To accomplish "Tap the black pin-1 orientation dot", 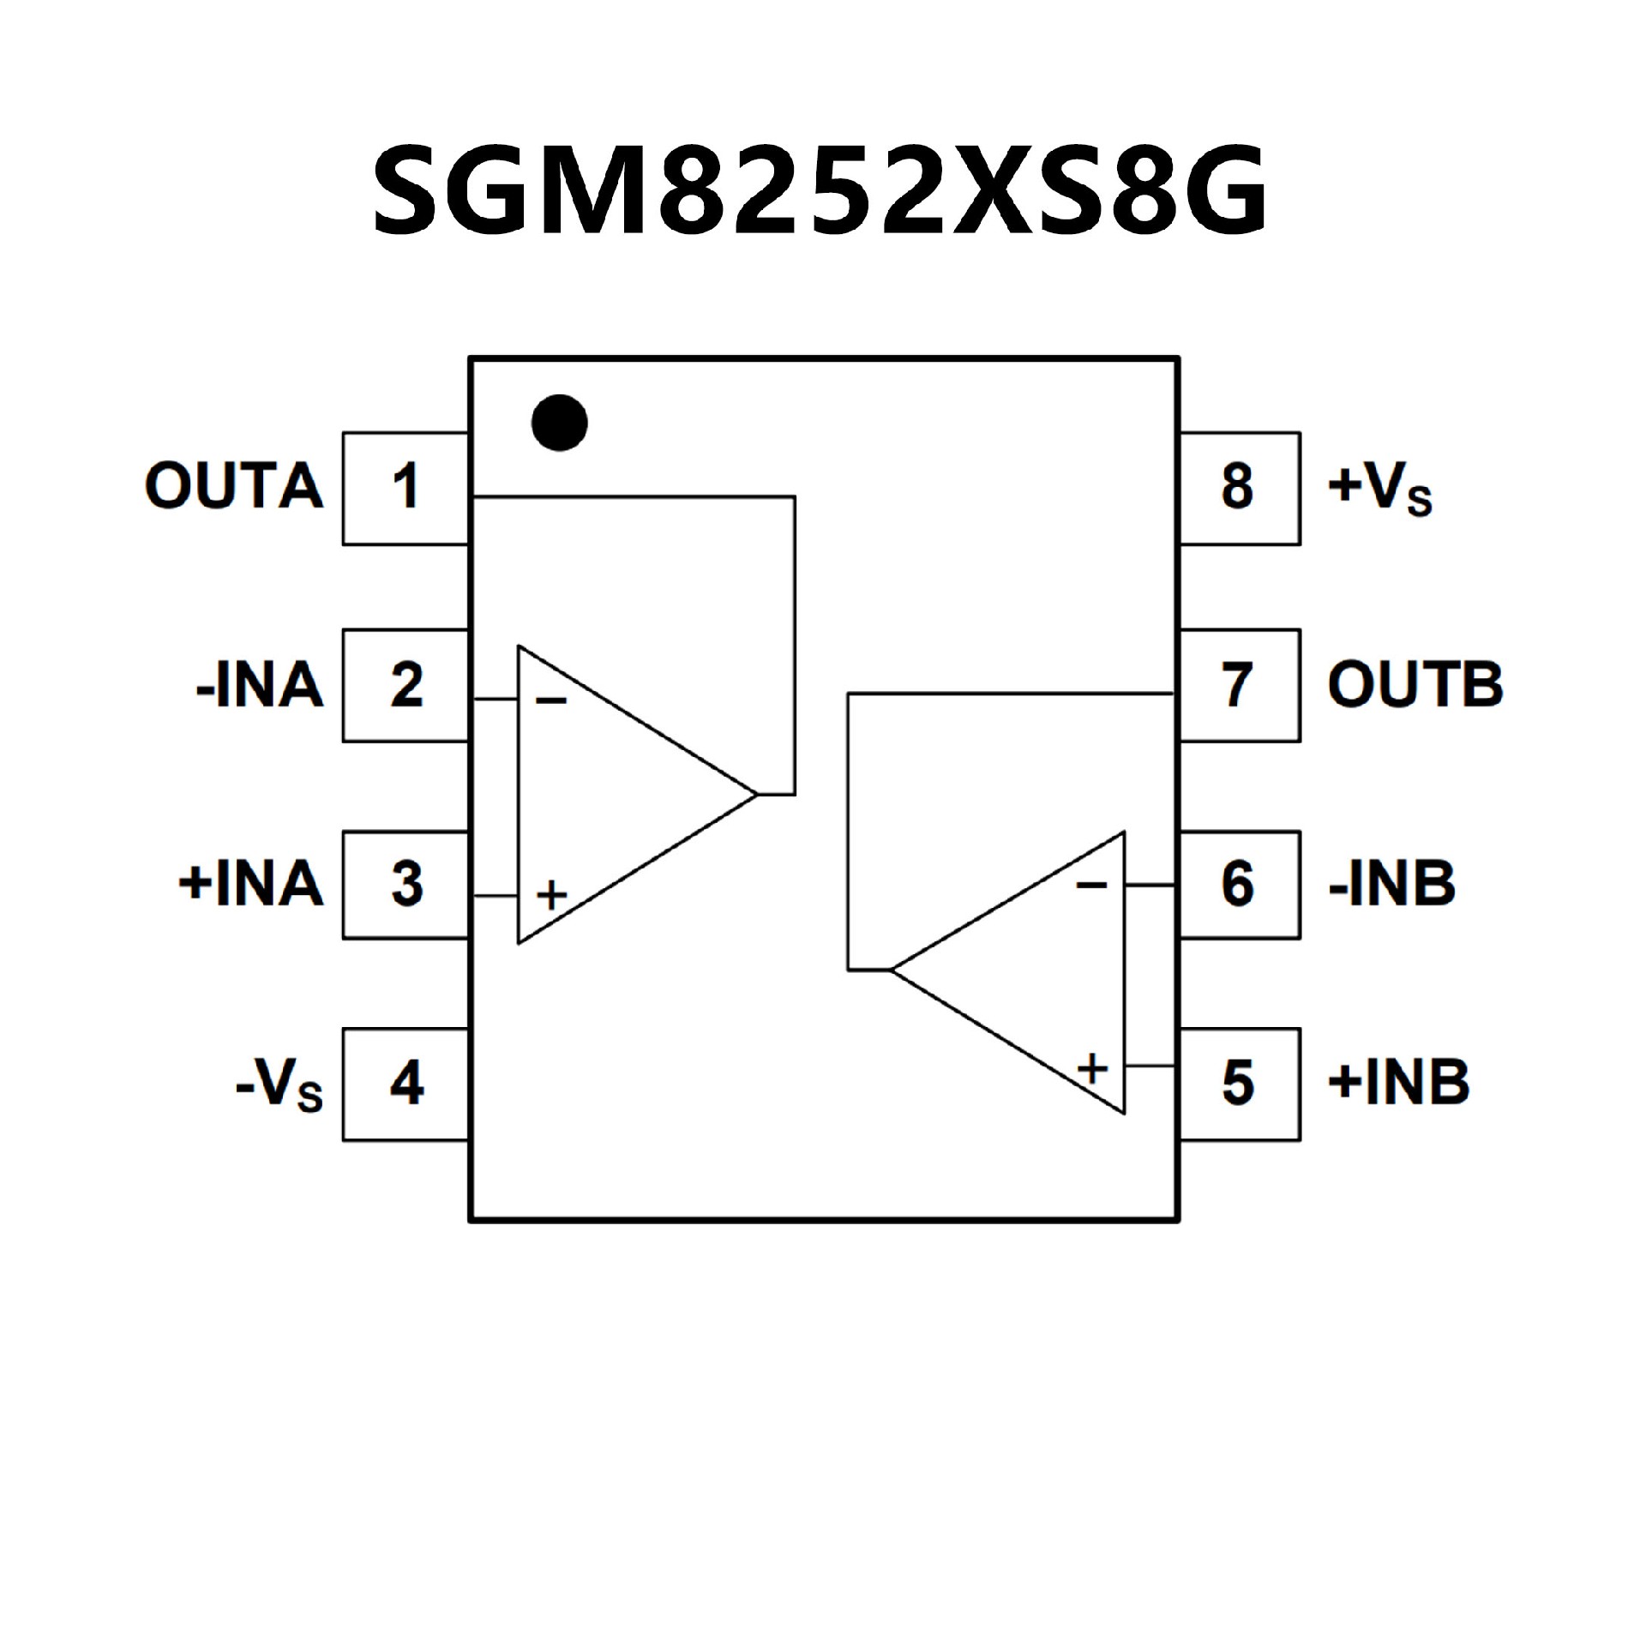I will (x=560, y=423).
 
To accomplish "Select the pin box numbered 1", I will (x=405, y=488).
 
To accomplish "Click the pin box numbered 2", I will (x=405, y=686).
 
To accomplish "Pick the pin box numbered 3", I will (x=405, y=885).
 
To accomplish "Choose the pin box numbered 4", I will (x=405, y=1084).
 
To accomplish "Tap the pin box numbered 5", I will (x=1240, y=1084).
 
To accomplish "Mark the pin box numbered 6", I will (x=1240, y=885).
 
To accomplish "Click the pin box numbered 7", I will (x=1240, y=686).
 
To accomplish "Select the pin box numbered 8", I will (x=1240, y=488).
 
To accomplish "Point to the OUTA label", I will (x=234, y=487).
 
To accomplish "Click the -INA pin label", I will (x=260, y=686).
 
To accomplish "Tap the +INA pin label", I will (x=250, y=884).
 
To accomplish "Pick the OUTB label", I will (x=1415, y=686).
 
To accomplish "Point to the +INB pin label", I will (x=1398, y=1083).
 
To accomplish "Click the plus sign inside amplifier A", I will (x=552, y=896).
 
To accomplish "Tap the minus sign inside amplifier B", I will (x=1091, y=884).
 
